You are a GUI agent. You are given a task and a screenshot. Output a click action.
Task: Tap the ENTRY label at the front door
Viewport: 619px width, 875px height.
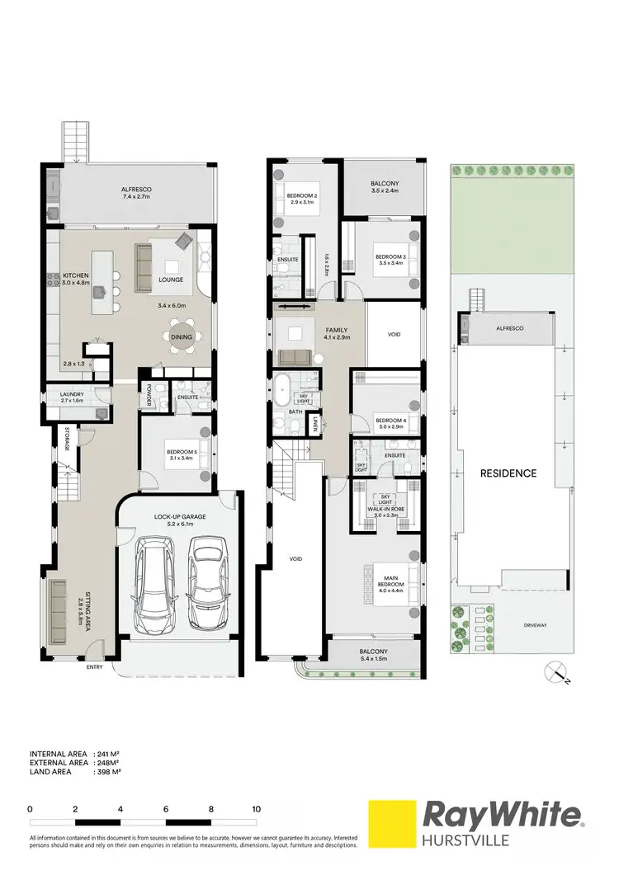95,667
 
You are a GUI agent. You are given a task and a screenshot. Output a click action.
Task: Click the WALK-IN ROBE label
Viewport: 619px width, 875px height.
384,510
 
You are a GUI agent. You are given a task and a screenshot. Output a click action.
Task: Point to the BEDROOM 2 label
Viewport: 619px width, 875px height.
303,195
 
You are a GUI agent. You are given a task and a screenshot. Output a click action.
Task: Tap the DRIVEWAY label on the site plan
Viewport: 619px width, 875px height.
536,625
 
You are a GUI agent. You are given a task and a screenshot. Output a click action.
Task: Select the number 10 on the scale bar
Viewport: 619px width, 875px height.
257,810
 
